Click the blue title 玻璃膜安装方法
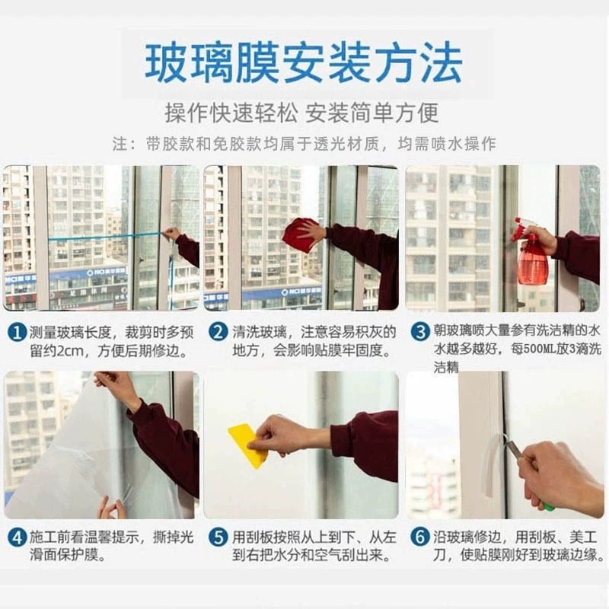pyautogui.click(x=303, y=63)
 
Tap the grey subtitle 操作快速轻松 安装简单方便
pyautogui.click(x=301, y=113)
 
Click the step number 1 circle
pyautogui.click(x=17, y=333)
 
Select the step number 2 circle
pyautogui.click(x=218, y=333)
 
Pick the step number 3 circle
pyautogui.click(x=420, y=333)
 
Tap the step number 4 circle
pyautogui.click(x=17, y=538)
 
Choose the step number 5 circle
pyautogui.click(x=218, y=538)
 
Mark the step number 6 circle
pyautogui.click(x=420, y=538)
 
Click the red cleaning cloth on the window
pyautogui.click(x=300, y=234)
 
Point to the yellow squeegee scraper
pyautogui.click(x=247, y=445)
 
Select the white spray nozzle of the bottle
pyautogui.click(x=521, y=227)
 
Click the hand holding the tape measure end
pyautogui.click(x=172, y=234)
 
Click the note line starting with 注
pyautogui.click(x=304, y=144)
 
